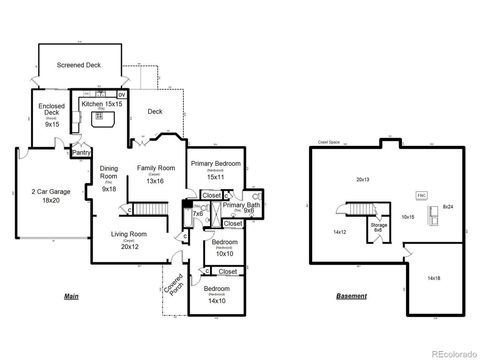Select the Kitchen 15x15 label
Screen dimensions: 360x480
pyautogui.click(x=102, y=104)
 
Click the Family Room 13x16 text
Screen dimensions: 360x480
pyautogui.click(x=156, y=174)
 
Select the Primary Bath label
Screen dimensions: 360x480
pyautogui.click(x=241, y=208)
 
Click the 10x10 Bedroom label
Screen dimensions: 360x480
pyautogui.click(x=224, y=248)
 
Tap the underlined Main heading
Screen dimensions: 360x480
pyautogui.click(x=72, y=297)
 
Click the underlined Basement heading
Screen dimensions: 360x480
pyautogui.click(x=351, y=297)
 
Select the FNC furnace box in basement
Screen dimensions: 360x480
pyautogui.click(x=421, y=195)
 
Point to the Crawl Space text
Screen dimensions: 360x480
pyautogui.click(x=329, y=142)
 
